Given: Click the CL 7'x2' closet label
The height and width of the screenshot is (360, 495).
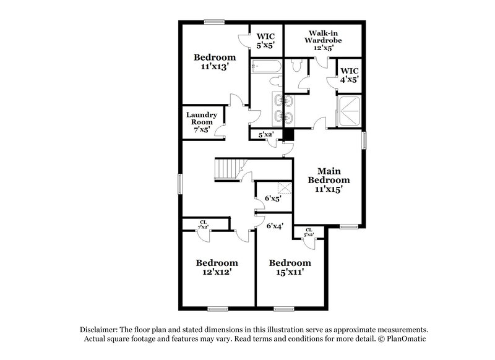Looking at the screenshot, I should (x=202, y=225).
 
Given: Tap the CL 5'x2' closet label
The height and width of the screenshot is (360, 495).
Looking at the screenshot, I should (x=308, y=232).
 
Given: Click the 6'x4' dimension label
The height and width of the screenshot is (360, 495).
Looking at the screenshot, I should (x=275, y=227).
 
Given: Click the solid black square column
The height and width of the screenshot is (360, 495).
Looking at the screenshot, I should (x=288, y=134).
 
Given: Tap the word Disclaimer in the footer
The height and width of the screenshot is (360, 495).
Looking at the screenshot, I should (x=100, y=330).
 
